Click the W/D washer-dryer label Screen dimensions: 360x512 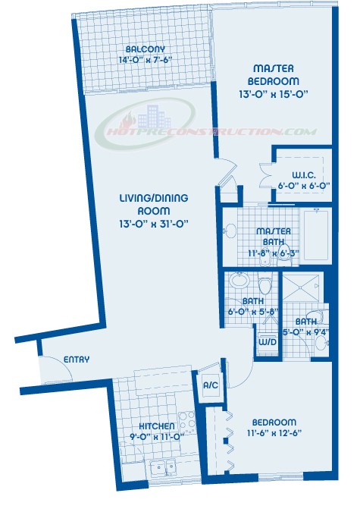pos(268,342)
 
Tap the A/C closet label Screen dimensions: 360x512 pos(211,385)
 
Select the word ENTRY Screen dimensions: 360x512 pos(77,360)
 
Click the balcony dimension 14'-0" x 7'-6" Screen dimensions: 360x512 pos(146,60)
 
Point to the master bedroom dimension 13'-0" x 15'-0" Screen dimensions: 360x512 pos(274,95)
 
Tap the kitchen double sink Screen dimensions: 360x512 pos(162,469)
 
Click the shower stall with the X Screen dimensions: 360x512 pos(301,289)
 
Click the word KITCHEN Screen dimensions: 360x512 pos(157,426)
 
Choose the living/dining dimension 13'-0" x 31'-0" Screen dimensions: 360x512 pos(154,224)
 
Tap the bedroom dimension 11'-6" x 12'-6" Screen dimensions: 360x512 pos(274,433)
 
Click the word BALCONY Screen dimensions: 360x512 pos(146,49)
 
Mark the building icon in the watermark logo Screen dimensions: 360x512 pos(154,117)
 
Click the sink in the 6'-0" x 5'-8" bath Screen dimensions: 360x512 pos(239,280)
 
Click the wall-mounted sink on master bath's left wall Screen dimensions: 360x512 pos(230,230)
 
